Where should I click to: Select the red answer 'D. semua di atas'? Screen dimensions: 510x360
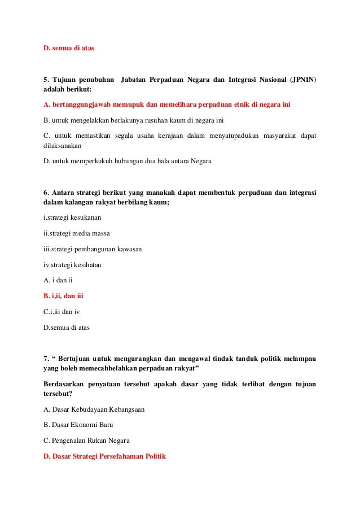[x=69, y=48]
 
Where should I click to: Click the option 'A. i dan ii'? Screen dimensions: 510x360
[x=58, y=280]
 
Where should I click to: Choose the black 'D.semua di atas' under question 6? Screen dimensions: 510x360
[x=67, y=327]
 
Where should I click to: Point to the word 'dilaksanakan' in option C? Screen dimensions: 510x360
[x=62, y=146]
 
